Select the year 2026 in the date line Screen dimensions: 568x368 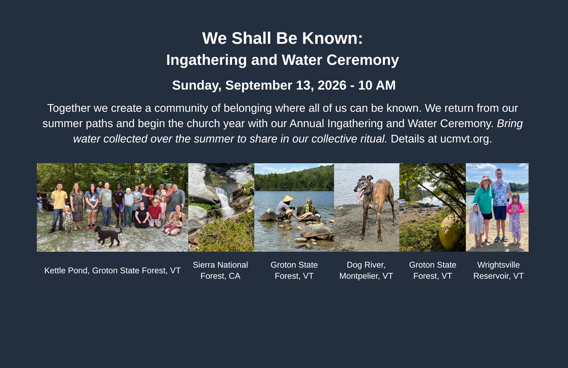332,85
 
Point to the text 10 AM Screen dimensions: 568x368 377,85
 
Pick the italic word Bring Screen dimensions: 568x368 510,124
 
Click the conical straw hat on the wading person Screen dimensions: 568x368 288,199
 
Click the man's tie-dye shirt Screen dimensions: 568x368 501,194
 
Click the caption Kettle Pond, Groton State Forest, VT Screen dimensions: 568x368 112,270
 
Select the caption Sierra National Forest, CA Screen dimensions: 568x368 220,270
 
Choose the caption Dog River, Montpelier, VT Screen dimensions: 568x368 366,270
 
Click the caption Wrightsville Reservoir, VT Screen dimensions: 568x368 498,270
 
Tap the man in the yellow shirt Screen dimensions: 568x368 59,206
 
